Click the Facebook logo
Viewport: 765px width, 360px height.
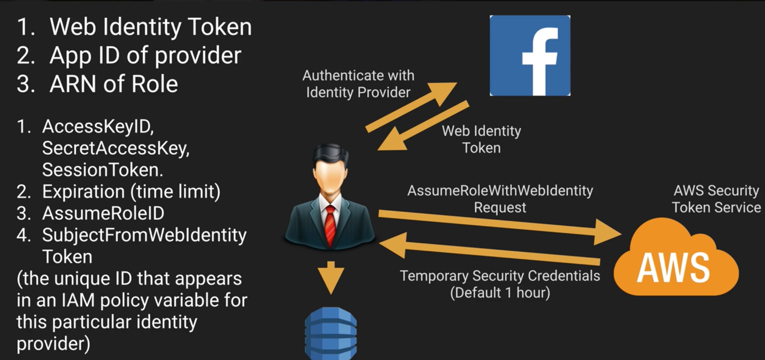pyautogui.click(x=530, y=55)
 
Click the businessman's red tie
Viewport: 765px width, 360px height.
pyautogui.click(x=330, y=225)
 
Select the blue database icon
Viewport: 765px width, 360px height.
pyautogui.click(x=331, y=333)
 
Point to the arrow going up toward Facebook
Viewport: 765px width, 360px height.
pyautogui.click(x=412, y=106)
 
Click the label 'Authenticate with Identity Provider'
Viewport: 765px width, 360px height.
pyautogui.click(x=358, y=84)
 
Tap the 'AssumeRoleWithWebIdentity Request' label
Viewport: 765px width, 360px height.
pyautogui.click(x=500, y=199)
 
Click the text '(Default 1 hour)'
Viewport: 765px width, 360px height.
pyautogui.click(x=500, y=293)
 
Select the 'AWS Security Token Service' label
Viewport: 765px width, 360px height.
pyautogui.click(x=716, y=199)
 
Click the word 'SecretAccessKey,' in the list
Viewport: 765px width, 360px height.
pyautogui.click(x=116, y=148)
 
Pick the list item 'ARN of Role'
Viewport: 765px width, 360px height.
pyautogui.click(x=114, y=84)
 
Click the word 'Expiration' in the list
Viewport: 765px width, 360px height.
pyautogui.click(x=83, y=192)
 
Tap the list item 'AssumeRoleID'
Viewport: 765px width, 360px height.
pyautogui.click(x=103, y=213)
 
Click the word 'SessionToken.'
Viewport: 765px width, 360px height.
pyautogui.click(x=103, y=170)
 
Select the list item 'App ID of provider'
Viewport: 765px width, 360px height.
pyautogui.click(x=145, y=55)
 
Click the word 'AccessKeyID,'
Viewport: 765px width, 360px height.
pyautogui.click(x=98, y=126)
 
